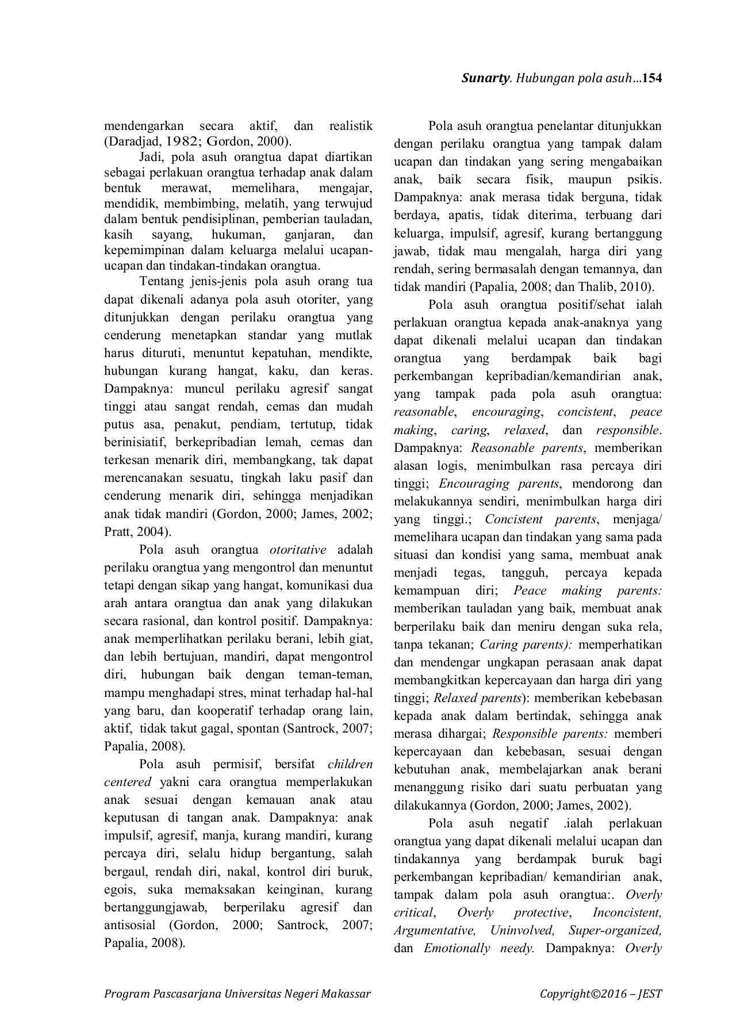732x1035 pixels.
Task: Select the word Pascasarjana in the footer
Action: coord(186,993)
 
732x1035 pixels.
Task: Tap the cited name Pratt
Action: coord(118,531)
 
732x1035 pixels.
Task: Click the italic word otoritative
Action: coord(298,550)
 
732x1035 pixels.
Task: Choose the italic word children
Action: coord(350,764)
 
